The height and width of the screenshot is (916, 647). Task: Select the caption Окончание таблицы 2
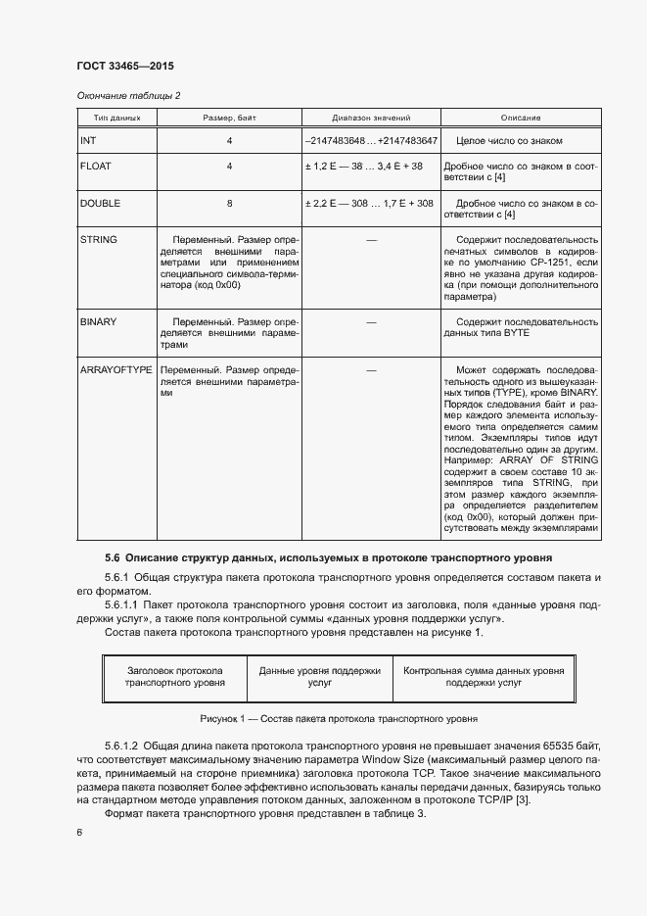128,95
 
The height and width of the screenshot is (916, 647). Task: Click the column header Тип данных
104,118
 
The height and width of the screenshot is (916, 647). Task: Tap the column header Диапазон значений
370,118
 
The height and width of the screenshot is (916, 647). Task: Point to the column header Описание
521,118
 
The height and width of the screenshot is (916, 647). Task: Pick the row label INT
88,141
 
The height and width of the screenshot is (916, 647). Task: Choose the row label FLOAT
95,167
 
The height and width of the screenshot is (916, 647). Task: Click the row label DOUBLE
99,204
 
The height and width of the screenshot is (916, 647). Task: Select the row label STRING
98,240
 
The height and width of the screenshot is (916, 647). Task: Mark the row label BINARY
99,321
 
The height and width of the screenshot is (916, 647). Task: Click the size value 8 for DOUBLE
229,204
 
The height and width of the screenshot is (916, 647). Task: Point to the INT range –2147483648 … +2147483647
370,141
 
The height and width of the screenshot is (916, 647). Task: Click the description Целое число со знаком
510,141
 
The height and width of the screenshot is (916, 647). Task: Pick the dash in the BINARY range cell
370,321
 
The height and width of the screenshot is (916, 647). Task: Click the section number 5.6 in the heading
112,557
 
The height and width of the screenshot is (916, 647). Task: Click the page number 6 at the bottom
79,833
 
